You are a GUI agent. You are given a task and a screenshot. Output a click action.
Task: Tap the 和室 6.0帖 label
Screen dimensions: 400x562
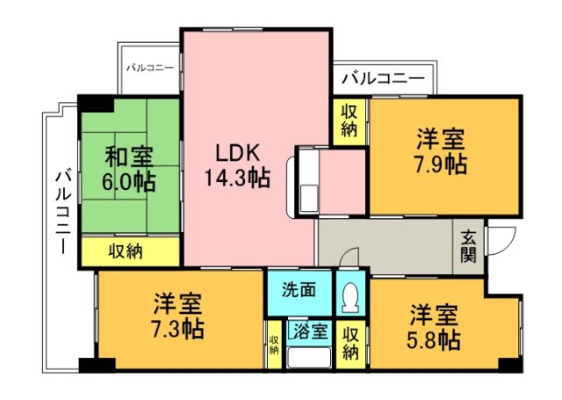click(x=131, y=170)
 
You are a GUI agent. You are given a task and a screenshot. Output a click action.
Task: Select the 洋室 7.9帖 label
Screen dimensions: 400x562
click(x=441, y=151)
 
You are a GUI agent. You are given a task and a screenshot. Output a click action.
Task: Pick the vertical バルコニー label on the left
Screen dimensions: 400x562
click(x=62, y=211)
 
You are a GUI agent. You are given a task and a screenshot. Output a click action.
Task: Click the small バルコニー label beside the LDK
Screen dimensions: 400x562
click(x=149, y=68)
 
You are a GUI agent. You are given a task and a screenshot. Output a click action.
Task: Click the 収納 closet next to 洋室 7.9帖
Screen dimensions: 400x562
click(x=349, y=123)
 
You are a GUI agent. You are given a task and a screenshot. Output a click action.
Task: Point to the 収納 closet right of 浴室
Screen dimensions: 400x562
click(x=349, y=343)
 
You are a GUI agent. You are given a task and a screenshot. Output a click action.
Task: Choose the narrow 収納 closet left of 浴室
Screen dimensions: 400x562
click(x=274, y=345)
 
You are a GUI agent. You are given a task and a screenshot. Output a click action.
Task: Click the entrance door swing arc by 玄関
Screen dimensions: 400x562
click(x=499, y=239)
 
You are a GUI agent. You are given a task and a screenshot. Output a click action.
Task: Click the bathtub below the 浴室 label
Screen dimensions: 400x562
click(x=308, y=359)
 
